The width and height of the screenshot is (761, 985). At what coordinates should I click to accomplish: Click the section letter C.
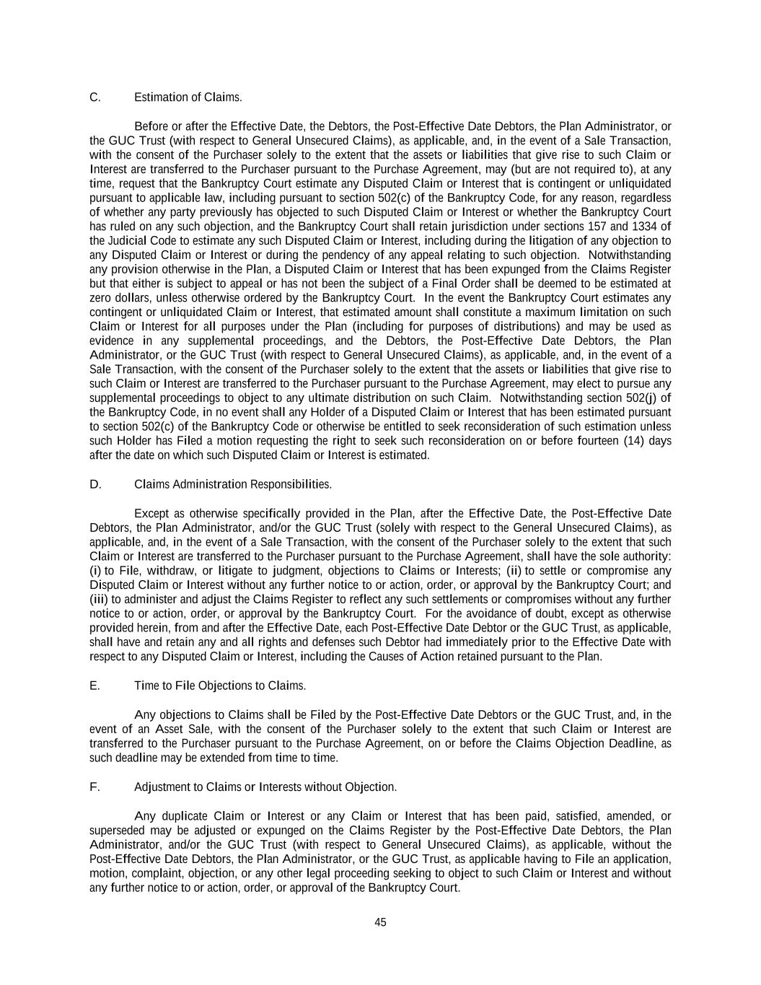click(x=94, y=97)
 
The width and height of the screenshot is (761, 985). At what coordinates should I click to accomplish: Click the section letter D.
click(x=95, y=484)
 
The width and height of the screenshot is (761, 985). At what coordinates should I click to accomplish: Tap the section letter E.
click(x=94, y=686)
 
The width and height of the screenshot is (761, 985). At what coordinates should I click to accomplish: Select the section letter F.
click(x=94, y=787)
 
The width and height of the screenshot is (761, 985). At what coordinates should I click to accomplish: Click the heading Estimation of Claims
click(x=188, y=97)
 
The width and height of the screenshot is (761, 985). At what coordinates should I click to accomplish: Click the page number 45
click(x=381, y=922)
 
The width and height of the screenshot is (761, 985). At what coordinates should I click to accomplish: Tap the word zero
click(x=101, y=298)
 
